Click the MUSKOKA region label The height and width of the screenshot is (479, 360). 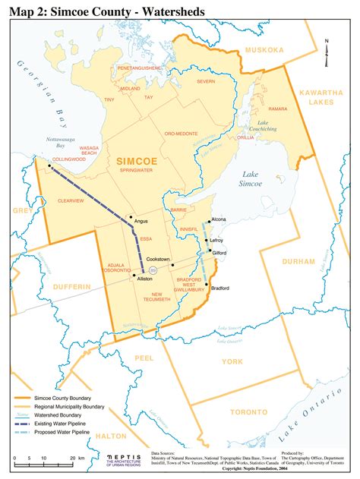pos(262,50)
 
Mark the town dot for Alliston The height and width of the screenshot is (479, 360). pos(134,276)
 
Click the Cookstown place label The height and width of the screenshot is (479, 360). pos(157,259)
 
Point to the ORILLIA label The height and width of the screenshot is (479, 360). pos(245,138)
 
